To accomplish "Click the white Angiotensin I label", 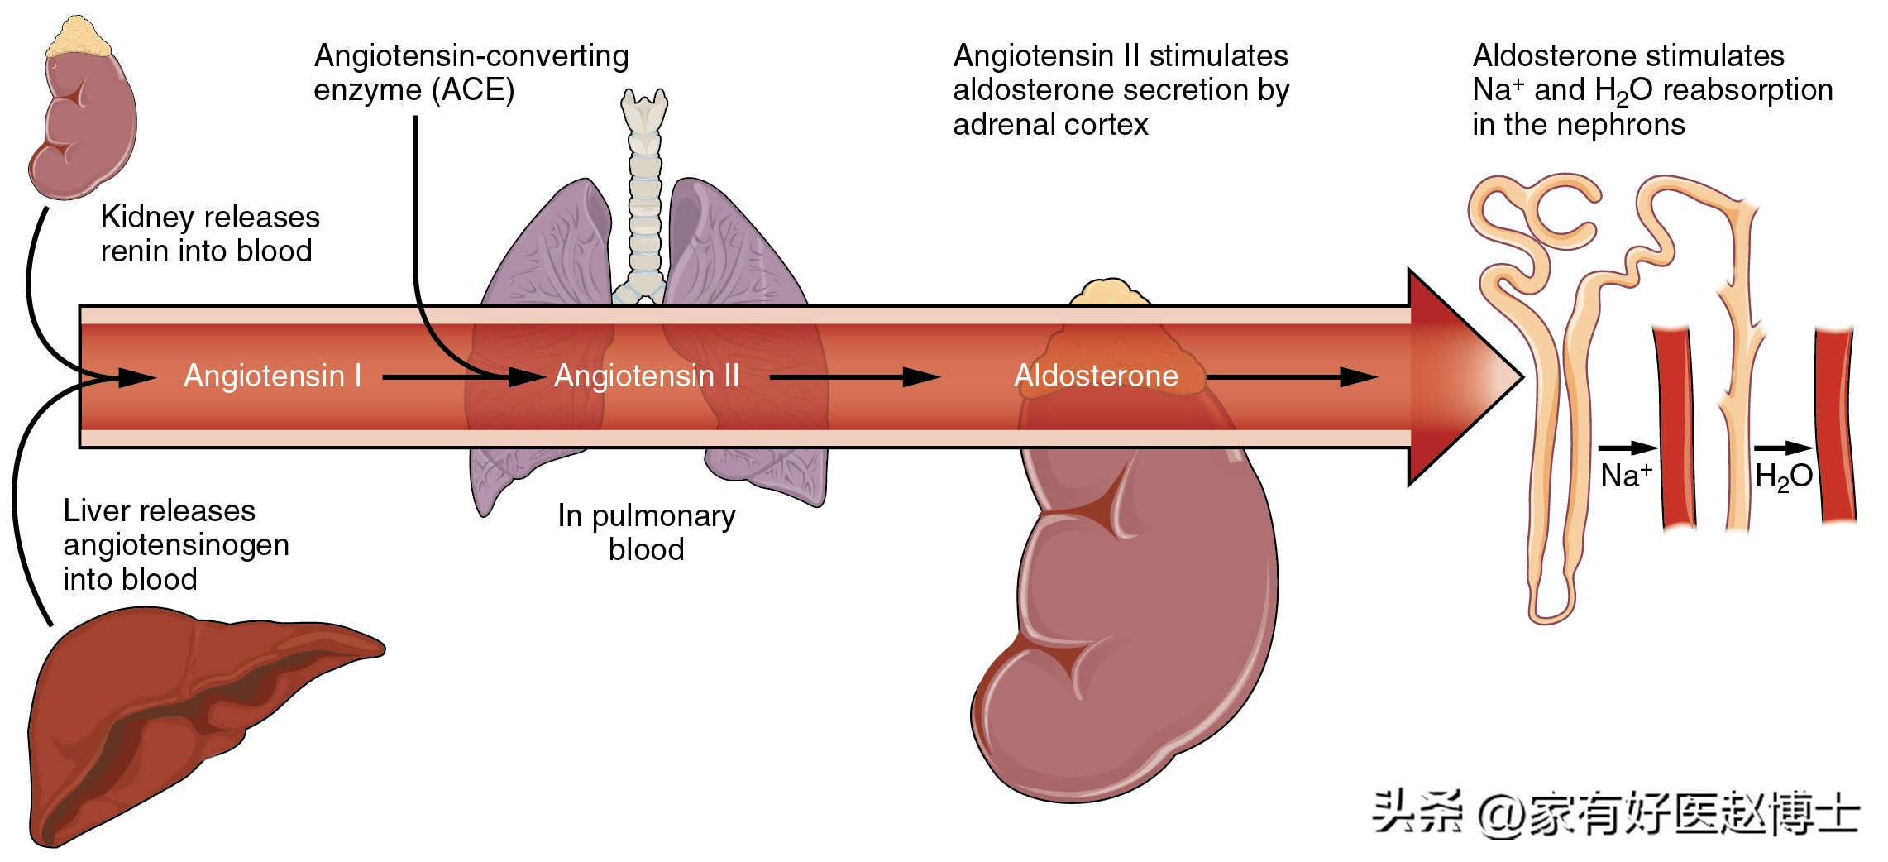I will coord(272,376).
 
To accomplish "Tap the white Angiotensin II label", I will coord(647,376).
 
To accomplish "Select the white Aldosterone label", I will coord(1096,376).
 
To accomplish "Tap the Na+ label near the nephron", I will coord(1626,476).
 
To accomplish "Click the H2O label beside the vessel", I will coord(1783,476).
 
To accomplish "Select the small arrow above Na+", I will coord(1628,448).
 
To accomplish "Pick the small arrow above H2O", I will coord(1783,448).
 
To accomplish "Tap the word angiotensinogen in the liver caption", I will coord(176,545).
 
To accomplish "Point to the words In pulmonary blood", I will coord(647,532).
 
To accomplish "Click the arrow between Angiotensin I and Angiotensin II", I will coord(463,377).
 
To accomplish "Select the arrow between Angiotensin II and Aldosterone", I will coord(854,377).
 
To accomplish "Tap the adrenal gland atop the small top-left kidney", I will coord(79,37).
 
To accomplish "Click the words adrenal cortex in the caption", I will coord(1050,125).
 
